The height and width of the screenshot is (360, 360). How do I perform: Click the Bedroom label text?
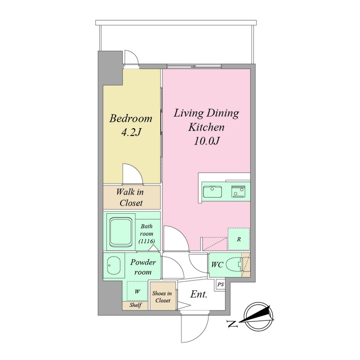pyautogui.click(x=130, y=118)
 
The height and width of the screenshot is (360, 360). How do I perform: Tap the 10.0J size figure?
pyautogui.click(x=206, y=141)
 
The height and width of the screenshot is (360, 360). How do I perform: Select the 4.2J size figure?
pyautogui.click(x=130, y=132)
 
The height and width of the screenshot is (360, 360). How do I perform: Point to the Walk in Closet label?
pyautogui.click(x=130, y=198)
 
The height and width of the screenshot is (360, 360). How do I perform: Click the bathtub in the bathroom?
pyautogui.click(x=121, y=232)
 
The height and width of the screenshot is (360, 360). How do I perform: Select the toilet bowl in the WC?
pyautogui.click(x=234, y=265)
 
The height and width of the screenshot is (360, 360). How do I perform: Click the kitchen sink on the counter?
pyautogui.click(x=212, y=192)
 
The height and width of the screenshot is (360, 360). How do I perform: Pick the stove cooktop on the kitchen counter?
pyautogui.click(x=238, y=192)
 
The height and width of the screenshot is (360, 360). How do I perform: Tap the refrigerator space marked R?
pyautogui.click(x=238, y=239)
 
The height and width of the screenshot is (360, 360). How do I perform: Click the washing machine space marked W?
pyautogui.click(x=137, y=291)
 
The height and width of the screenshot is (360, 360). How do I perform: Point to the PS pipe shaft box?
pyautogui.click(x=220, y=284)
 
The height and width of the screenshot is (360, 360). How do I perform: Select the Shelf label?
pyautogui.click(x=135, y=305)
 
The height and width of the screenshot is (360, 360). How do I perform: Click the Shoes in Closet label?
pyautogui.click(x=162, y=297)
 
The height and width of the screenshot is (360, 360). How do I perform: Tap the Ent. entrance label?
pyautogui.click(x=199, y=294)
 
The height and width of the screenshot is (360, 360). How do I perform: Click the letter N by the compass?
pyautogui.click(x=232, y=324)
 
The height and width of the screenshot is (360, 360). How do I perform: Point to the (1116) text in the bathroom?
pyautogui.click(x=147, y=241)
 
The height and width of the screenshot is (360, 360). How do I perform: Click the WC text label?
pyautogui.click(x=217, y=265)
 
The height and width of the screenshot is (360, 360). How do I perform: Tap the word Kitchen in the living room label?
pyautogui.click(x=206, y=127)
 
